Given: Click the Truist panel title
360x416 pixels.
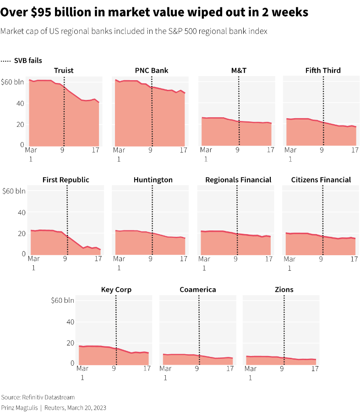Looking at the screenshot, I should coord(64,71).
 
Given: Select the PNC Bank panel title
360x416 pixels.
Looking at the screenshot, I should coord(152,71).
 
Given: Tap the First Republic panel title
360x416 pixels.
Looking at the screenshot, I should coord(65,180).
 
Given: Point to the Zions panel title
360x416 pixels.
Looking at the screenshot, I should coord(284,290).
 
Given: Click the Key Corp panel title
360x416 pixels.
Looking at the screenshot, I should coord(116,290).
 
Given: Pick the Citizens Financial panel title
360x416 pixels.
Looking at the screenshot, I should coord(321,180).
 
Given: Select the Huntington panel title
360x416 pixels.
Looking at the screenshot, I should coord(153,180).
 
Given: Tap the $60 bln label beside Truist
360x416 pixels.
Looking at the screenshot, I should coord(13,82).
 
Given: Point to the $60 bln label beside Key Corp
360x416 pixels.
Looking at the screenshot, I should coord(63,301).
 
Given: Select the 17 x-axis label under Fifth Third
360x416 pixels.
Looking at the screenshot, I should coord(355,150).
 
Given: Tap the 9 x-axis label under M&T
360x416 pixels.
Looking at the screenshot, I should coord(238,150).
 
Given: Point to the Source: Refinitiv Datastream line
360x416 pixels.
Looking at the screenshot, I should coord(38,397).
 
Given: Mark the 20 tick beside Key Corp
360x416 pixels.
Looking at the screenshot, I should coord(70,343).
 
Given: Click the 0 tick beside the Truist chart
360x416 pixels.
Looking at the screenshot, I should coord(22,145).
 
